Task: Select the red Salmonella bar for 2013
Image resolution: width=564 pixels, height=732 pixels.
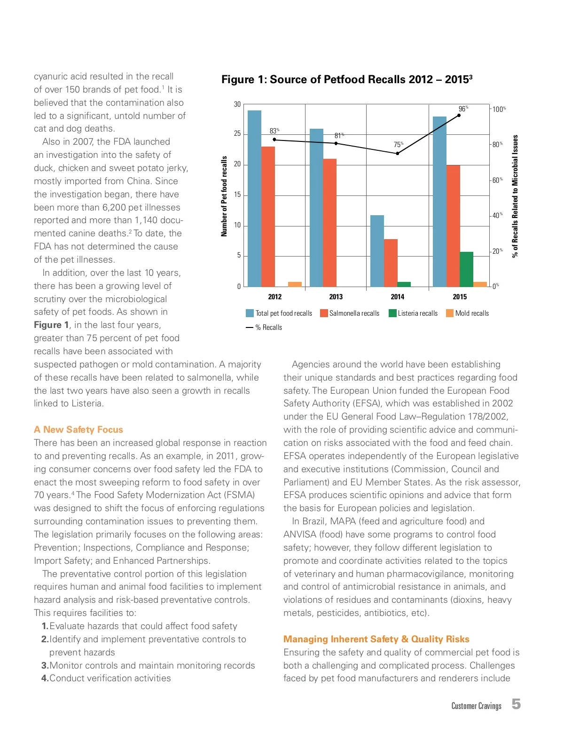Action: pyautogui.click(x=329, y=223)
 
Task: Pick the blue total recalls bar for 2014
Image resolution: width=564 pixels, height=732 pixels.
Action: pyautogui.click(x=377, y=251)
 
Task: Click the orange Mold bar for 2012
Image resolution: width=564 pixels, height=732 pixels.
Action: pyautogui.click(x=295, y=284)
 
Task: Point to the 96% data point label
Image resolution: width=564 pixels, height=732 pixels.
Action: pyautogui.click(x=463, y=109)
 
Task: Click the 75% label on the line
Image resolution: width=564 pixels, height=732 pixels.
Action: pyautogui.click(x=398, y=145)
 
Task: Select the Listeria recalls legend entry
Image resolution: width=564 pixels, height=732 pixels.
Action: pyautogui.click(x=413, y=313)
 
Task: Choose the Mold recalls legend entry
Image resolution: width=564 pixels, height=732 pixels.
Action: pyautogui.click(x=467, y=313)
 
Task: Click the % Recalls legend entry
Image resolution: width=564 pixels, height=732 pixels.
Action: pyautogui.click(x=264, y=327)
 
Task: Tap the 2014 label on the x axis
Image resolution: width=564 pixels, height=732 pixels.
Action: pyautogui.click(x=397, y=297)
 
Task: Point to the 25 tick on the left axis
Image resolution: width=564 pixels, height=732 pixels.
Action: pyautogui.click(x=237, y=134)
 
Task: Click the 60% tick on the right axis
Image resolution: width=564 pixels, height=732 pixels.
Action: pyautogui.click(x=497, y=180)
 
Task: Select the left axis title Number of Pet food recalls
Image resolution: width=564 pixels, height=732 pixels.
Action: pyautogui.click(x=224, y=196)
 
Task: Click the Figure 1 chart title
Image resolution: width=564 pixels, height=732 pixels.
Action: pyautogui.click(x=346, y=79)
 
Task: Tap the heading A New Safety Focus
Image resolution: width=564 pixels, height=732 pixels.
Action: pyautogui.click(x=78, y=429)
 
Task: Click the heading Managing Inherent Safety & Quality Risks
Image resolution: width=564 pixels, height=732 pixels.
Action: pyautogui.click(x=376, y=639)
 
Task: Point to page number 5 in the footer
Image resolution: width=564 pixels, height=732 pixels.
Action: pyautogui.click(x=516, y=704)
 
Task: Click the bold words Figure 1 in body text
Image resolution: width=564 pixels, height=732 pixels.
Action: pyautogui.click(x=51, y=325)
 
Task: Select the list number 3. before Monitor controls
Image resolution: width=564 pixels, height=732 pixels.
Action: pyautogui.click(x=45, y=665)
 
